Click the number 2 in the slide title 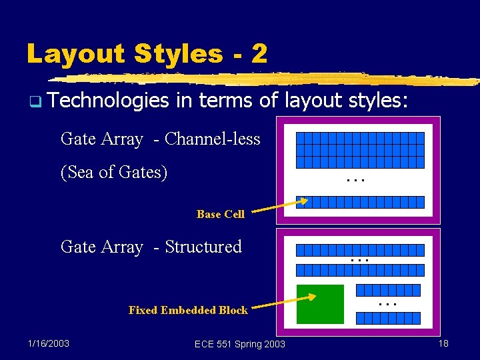tap(259, 53)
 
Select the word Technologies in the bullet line tap(109, 101)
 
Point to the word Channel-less tap(212, 139)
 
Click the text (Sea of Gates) tap(113, 172)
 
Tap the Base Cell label tap(220, 214)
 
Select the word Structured tap(203, 247)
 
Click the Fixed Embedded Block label tap(187, 310)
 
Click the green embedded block tap(320, 304)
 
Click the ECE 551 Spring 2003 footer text tap(239, 344)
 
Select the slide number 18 tap(443, 343)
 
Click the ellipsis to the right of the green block tap(387, 304)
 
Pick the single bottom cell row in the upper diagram tap(360, 202)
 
